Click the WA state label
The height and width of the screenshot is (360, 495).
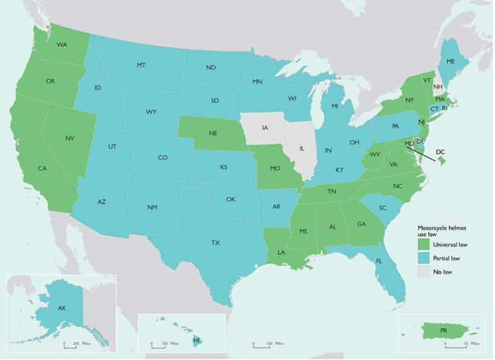click(x=62, y=44)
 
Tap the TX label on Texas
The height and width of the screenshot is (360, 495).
click(x=215, y=243)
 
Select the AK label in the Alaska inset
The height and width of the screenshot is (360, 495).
click(x=62, y=308)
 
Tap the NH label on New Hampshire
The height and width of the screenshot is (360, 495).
click(x=437, y=86)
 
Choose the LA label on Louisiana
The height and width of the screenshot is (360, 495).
click(x=282, y=252)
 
